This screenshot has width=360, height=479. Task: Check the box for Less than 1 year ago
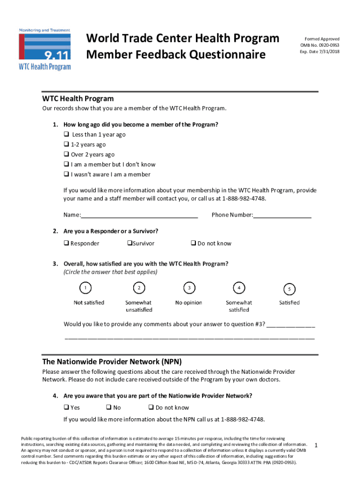pos(66,135)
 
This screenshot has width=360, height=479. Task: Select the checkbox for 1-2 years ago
pos(66,145)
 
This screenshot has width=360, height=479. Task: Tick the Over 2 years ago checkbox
pos(66,155)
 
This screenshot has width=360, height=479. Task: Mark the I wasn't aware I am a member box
pos(66,174)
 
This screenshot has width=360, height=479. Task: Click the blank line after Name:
pos(139,216)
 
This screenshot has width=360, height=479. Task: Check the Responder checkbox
pos(66,243)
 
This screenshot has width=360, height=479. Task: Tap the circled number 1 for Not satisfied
pos(86,288)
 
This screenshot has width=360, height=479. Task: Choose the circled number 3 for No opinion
pos(189,288)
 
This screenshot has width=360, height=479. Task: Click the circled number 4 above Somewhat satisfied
pos(239,288)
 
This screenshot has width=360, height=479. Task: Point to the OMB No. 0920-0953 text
pos(320,45)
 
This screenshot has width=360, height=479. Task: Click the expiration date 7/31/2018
pos(329,52)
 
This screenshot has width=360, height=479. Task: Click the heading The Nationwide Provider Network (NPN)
pos(112,362)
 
